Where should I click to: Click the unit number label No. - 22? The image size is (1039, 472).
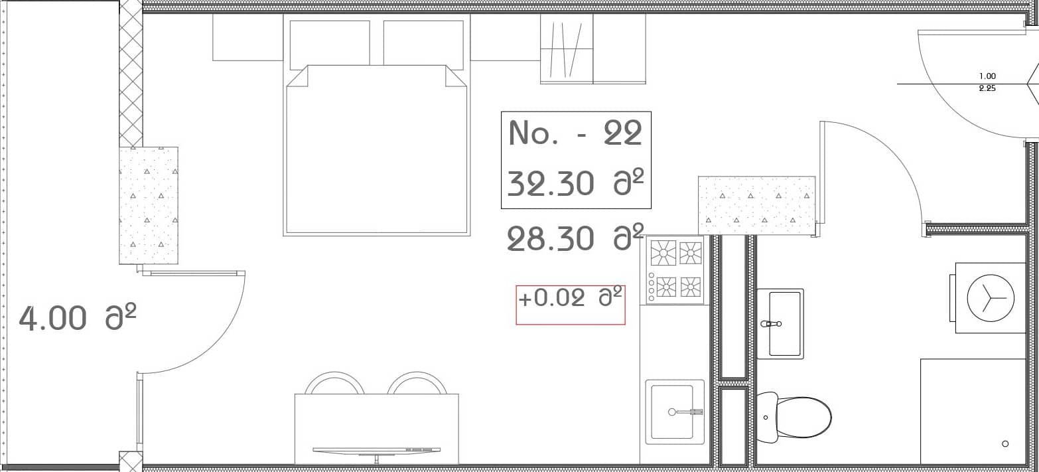click(x=575, y=134)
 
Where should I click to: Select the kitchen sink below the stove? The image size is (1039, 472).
click(x=675, y=412)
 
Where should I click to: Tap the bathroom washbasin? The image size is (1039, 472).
click(x=780, y=323)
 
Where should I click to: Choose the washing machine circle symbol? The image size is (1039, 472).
click(x=991, y=297)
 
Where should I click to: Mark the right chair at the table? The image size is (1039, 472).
click(x=417, y=383)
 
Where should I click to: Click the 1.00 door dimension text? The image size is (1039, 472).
click(x=987, y=76)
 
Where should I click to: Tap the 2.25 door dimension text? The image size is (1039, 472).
click(x=987, y=88)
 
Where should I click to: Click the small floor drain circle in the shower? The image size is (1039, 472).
click(x=1005, y=443)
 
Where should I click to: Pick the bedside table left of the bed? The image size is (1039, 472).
click(x=247, y=38)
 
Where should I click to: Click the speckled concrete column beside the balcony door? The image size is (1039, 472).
click(x=149, y=205)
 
